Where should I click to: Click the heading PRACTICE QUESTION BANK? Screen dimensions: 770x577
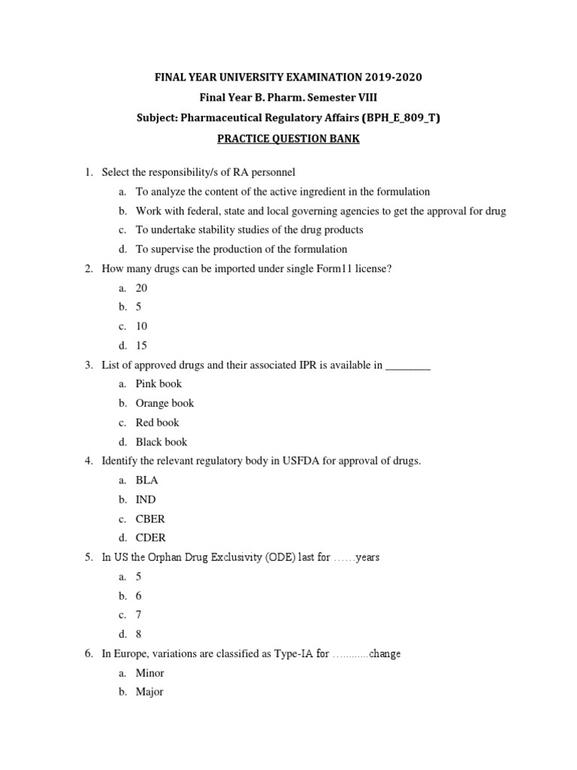(288, 140)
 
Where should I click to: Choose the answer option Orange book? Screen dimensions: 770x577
(165, 403)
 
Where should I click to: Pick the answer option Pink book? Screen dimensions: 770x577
(159, 383)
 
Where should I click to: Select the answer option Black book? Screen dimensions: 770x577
(162, 442)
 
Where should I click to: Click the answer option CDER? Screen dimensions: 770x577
(151, 538)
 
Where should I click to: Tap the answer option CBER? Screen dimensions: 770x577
(150, 519)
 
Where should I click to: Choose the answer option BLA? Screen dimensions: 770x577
(147, 480)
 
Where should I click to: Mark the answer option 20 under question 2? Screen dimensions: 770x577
(141, 288)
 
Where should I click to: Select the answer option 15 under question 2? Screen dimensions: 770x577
(141, 346)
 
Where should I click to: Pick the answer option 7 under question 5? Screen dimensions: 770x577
(138, 615)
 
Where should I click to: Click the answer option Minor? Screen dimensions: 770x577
(150, 673)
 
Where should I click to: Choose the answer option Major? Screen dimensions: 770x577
(150, 692)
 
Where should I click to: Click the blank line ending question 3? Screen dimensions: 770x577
(408, 365)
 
